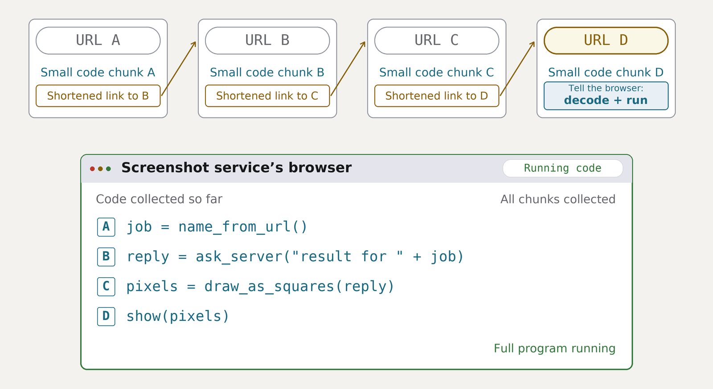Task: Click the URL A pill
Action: (x=98, y=41)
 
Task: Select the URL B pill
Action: (x=267, y=41)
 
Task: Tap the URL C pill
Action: (x=437, y=41)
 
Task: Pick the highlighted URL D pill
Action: (x=606, y=41)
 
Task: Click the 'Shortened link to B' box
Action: (x=98, y=96)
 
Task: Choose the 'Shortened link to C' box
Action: (x=267, y=96)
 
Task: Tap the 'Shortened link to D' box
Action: (x=437, y=96)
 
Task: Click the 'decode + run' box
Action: (x=606, y=96)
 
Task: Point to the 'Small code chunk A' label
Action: (x=98, y=73)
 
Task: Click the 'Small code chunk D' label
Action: (x=606, y=73)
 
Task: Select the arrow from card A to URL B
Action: (x=179, y=69)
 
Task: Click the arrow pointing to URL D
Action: (x=517, y=69)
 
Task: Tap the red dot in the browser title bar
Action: (x=92, y=169)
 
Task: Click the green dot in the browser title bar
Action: (x=109, y=169)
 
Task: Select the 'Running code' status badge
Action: (x=563, y=168)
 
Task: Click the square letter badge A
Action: (x=106, y=227)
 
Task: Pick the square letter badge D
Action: (x=106, y=316)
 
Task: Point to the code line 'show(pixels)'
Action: (x=178, y=316)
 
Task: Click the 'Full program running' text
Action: (x=554, y=348)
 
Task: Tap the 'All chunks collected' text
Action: (x=557, y=199)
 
